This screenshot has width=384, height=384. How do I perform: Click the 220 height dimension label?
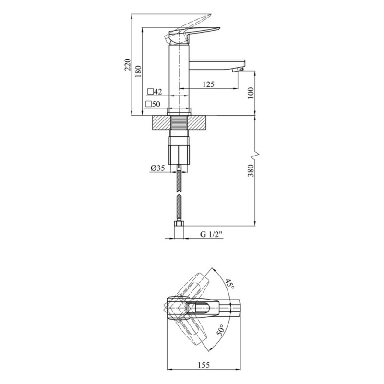128,65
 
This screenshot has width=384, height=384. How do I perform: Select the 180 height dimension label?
138,71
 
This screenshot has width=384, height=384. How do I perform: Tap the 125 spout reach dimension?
208,84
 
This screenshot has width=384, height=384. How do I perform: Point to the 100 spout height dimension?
251,93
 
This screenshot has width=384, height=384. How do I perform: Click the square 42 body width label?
155,92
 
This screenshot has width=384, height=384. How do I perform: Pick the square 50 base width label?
153,104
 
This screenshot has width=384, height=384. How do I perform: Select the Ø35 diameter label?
158,168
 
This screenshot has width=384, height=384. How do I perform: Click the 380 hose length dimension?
251,170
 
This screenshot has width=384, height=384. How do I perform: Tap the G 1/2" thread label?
211,234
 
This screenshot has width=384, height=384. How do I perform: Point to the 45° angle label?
230,284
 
